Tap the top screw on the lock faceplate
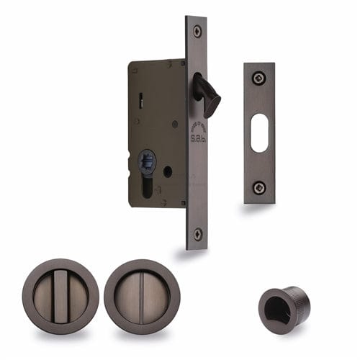pyautogui.click(x=197, y=31)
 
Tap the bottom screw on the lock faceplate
pyautogui.click(x=197, y=234)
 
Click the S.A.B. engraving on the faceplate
pyautogui.click(x=197, y=134)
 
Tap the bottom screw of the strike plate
pyautogui.click(x=259, y=187)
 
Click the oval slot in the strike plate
pyautogui.click(x=259, y=132)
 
